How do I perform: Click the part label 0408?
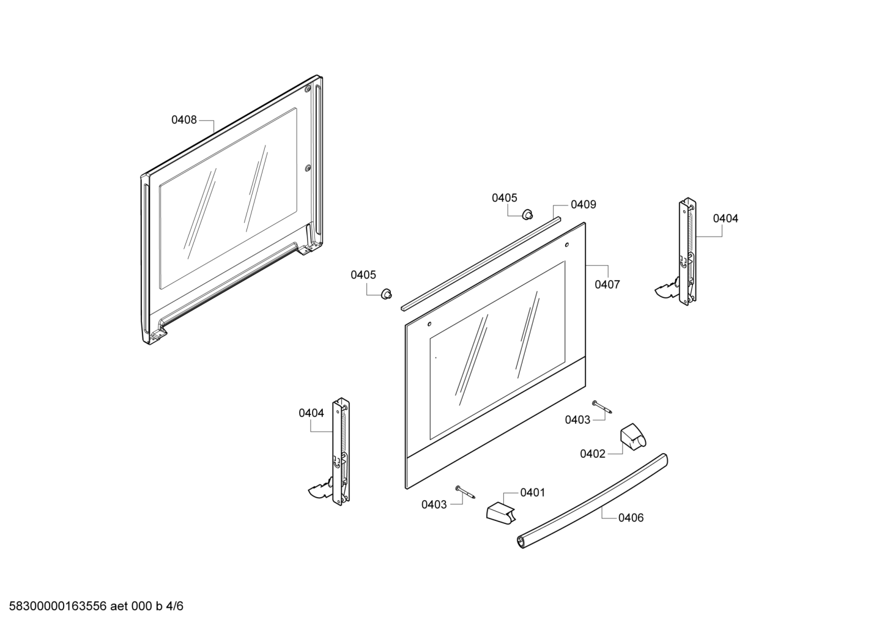click(x=184, y=120)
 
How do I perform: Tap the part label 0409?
click(x=584, y=204)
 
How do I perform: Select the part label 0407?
click(x=607, y=284)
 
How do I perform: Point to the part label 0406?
click(x=631, y=517)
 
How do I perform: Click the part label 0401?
click(x=533, y=492)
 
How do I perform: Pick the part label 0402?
click(x=593, y=454)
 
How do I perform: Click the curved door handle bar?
click(x=592, y=501)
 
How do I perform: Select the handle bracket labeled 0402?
click(x=634, y=436)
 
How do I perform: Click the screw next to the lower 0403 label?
click(x=465, y=492)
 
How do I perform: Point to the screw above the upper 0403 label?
click(x=602, y=407)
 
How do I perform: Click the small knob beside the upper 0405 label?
click(x=527, y=215)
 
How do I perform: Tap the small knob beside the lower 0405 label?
click(x=387, y=293)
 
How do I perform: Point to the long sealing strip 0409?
click(x=481, y=264)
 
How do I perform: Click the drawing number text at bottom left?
click(x=96, y=606)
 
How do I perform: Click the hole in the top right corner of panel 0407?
click(x=566, y=245)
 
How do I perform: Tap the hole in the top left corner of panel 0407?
click(x=429, y=324)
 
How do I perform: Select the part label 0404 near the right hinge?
click(x=725, y=218)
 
